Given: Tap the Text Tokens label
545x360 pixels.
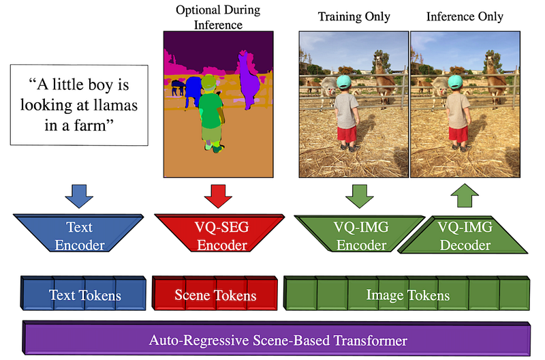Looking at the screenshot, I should (84, 295).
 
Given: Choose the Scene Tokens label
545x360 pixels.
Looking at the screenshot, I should (215, 295).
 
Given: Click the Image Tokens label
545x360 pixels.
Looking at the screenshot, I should (408, 295).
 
